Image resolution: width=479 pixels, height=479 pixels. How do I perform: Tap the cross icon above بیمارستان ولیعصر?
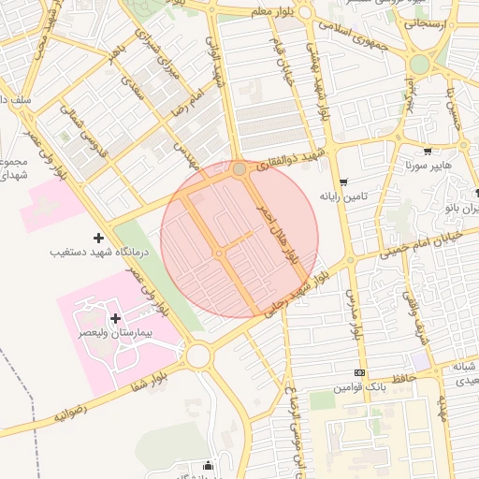coord(116,319)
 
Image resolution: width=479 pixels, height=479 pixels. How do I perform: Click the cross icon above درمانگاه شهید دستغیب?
coord(98,239)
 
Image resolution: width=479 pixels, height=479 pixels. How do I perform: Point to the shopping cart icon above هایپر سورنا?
coord(428,152)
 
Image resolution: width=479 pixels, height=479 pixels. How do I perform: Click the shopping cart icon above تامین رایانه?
coord(344,182)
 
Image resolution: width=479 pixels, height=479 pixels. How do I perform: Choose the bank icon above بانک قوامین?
coord(358,372)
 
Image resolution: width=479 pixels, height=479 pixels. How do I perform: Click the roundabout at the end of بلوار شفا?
coord(197,356)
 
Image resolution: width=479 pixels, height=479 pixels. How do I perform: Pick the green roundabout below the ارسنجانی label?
coord(419,64)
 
